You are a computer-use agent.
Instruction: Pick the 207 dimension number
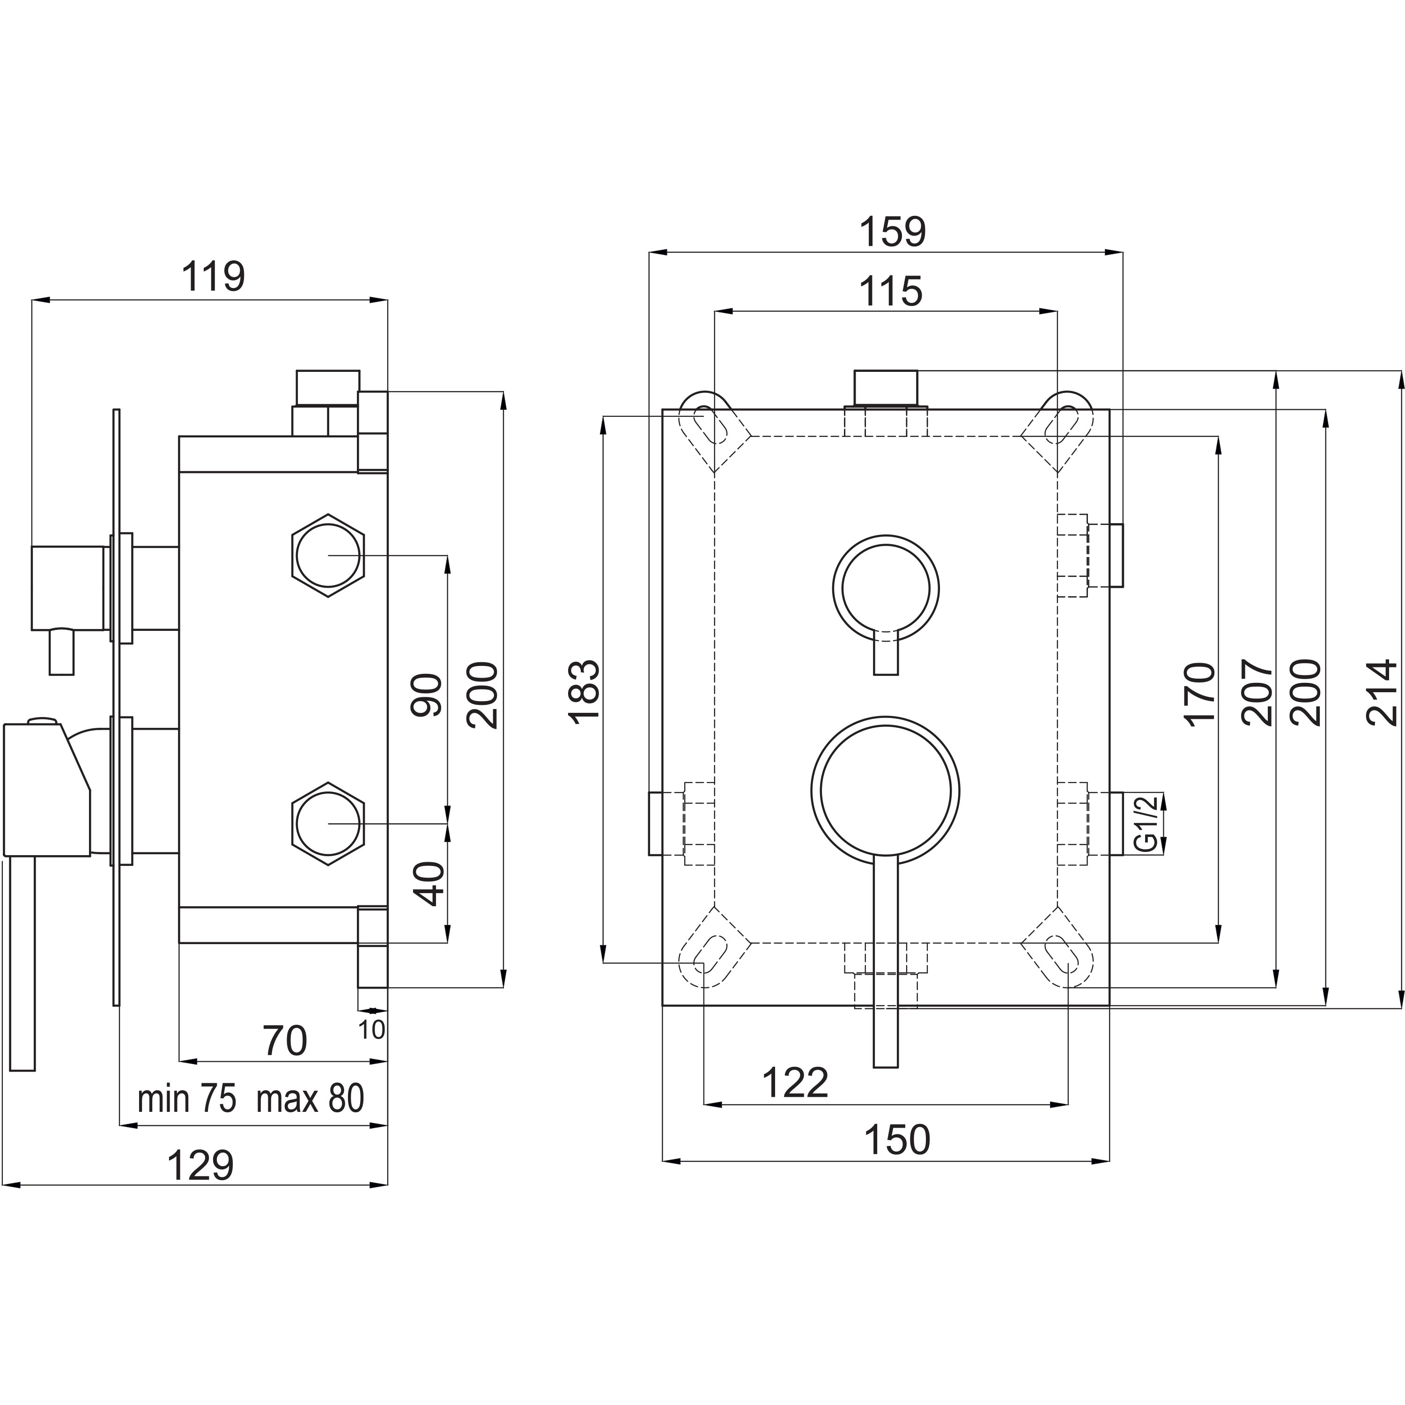point(1257,692)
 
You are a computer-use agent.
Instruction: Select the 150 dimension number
point(897,1139)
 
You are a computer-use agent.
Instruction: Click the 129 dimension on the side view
point(201,1166)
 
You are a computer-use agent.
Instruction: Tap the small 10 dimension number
point(371,1030)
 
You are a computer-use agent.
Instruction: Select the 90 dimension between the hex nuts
point(427,695)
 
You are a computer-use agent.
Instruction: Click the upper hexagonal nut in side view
point(328,555)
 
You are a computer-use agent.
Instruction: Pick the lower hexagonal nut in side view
point(328,824)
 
